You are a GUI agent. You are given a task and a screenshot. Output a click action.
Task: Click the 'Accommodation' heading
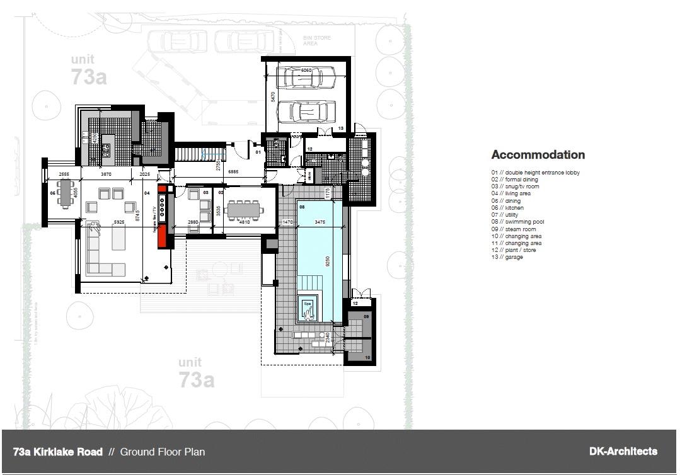click(538, 155)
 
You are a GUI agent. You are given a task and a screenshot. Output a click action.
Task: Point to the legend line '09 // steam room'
click(514, 229)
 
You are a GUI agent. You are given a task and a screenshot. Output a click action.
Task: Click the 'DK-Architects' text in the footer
click(623, 451)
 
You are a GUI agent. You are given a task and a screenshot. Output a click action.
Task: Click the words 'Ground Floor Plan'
click(162, 452)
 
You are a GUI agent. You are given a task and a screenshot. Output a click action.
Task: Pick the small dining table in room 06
click(66, 193)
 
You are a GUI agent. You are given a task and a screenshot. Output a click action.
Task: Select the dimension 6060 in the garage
click(306, 71)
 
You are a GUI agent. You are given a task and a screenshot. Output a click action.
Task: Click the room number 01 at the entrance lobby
click(258, 152)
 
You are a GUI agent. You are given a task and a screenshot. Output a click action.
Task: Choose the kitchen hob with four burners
click(105, 150)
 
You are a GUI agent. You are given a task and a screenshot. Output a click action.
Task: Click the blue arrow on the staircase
click(204, 154)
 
